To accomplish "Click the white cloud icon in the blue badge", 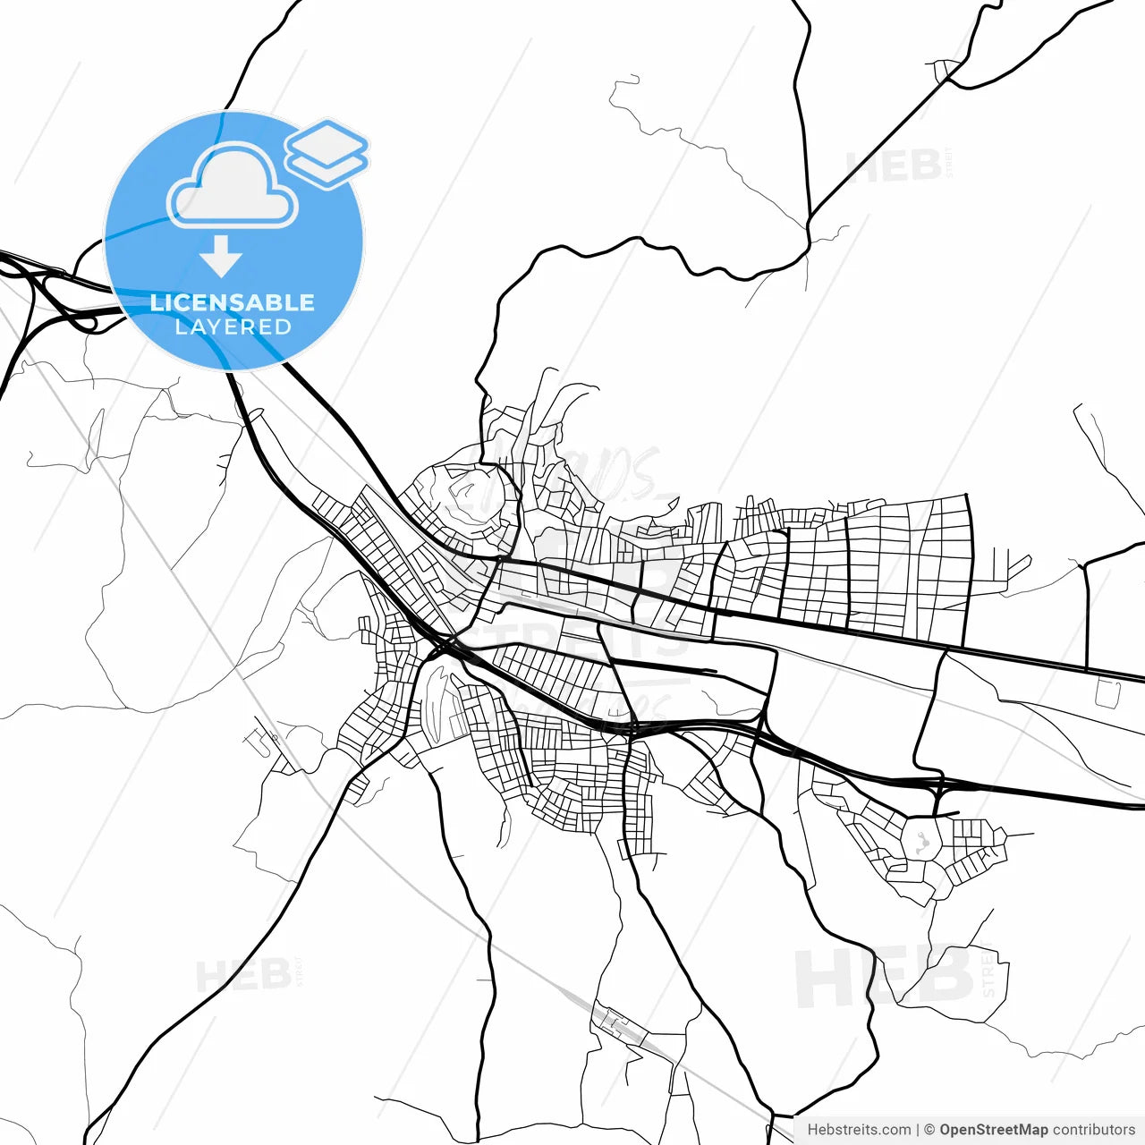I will [x=233, y=188].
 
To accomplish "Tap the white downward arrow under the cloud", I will [x=221, y=257].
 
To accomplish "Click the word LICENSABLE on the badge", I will [x=233, y=302].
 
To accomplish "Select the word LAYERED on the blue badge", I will [x=233, y=327].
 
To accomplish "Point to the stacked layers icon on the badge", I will [x=327, y=152].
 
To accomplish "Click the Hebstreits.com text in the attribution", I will [x=859, y=1130].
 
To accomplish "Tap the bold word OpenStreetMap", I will [x=993, y=1130].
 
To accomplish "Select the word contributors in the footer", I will [x=1093, y=1130].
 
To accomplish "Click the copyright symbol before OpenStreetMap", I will [x=929, y=1130].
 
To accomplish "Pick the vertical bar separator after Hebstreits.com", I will [x=918, y=1130].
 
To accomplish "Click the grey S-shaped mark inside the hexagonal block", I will [x=922, y=842].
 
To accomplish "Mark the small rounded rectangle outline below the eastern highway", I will [x=1107, y=692].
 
